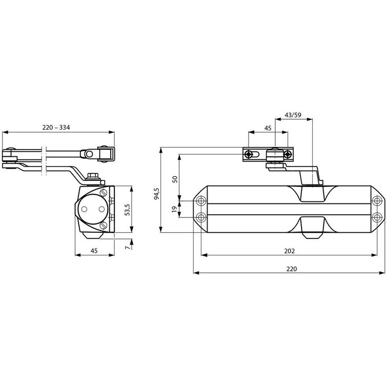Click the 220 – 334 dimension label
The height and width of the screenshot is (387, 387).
(57, 127)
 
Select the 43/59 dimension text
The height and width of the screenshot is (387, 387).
(293, 115)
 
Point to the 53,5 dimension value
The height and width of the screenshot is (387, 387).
(126, 209)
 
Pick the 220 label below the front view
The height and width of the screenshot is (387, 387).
(291, 268)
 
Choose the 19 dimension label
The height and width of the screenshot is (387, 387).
(175, 209)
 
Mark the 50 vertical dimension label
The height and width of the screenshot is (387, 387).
(175, 179)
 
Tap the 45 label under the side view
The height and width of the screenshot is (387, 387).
(94, 250)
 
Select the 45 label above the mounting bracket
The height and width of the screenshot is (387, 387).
(268, 128)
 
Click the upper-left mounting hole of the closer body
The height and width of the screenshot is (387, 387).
(200, 199)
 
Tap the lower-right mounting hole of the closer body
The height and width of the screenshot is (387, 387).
(378, 216)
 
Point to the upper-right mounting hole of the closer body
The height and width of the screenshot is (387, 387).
(378, 199)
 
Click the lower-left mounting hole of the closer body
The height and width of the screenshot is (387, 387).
(200, 216)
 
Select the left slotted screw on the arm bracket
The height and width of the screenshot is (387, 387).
(249, 154)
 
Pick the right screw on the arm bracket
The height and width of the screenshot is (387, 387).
(289, 154)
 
